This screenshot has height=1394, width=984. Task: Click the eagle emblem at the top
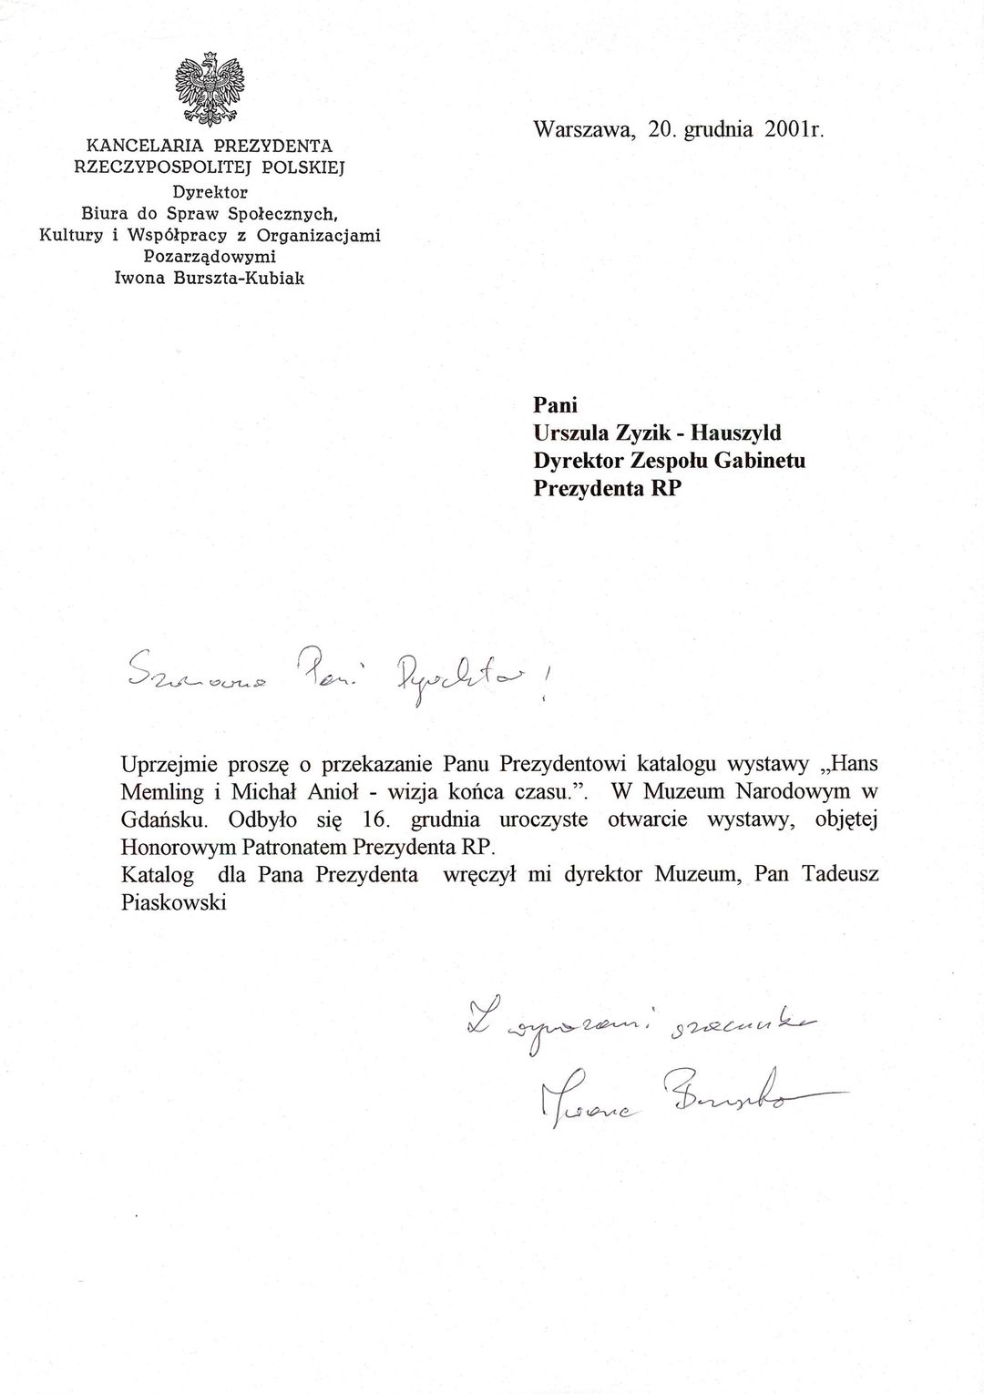209,88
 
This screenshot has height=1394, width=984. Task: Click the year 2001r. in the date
794,128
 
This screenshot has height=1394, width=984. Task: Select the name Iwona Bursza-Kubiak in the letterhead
209,278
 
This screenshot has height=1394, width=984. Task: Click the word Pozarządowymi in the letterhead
209,257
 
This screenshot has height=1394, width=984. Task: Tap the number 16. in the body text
376,819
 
